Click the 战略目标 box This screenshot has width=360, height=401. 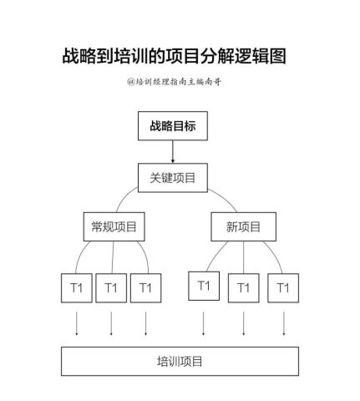pyautogui.click(x=173, y=126)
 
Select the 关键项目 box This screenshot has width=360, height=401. pyautogui.click(x=173, y=178)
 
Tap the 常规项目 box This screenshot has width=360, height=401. pyautogui.click(x=114, y=226)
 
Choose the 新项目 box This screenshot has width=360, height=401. pyautogui.click(x=244, y=226)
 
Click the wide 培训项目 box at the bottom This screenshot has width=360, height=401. pyautogui.click(x=180, y=361)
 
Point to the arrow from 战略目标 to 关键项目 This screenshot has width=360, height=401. pyautogui.click(x=173, y=152)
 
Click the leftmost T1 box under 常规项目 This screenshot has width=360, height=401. pyautogui.click(x=77, y=288)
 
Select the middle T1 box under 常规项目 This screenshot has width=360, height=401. pyautogui.click(x=111, y=288)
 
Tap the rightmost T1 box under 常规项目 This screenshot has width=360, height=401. pyautogui.click(x=145, y=288)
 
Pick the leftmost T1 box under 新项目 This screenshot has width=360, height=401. pyautogui.click(x=204, y=286)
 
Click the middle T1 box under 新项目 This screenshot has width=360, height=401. pyautogui.click(x=244, y=288)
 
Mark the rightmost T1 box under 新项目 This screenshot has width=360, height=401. pyautogui.click(x=283, y=288)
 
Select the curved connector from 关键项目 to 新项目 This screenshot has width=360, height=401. pyautogui.click(x=225, y=197)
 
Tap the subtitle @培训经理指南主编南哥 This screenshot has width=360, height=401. pyautogui.click(x=174, y=82)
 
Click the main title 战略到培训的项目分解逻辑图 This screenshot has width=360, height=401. pyautogui.click(x=174, y=56)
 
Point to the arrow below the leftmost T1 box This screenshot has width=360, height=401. pyautogui.click(x=77, y=323)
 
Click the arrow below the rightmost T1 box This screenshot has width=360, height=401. pyautogui.click(x=284, y=323)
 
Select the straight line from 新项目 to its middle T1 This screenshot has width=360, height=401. pyautogui.click(x=244, y=257)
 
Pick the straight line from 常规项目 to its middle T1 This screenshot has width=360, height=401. pyautogui.click(x=113, y=257)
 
